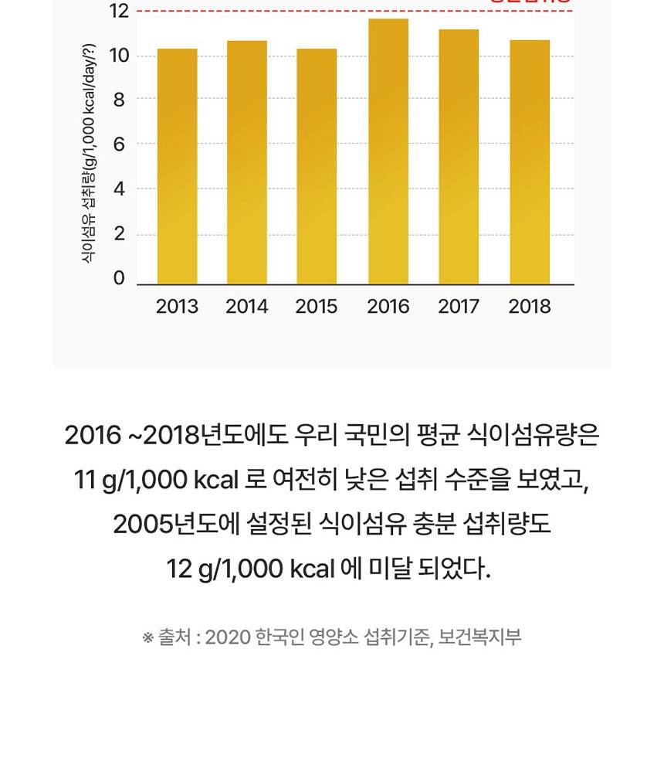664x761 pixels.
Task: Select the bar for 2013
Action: coord(177,166)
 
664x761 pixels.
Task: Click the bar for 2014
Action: coord(247,162)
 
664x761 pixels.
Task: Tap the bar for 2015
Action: coord(317,166)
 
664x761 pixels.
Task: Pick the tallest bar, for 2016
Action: coord(388,151)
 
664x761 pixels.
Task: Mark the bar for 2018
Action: coord(530,162)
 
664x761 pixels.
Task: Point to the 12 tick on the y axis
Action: coord(119,11)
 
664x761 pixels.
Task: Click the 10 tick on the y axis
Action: coord(119,56)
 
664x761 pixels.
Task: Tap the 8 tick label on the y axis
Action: coord(120,100)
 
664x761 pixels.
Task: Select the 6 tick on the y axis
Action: coord(120,144)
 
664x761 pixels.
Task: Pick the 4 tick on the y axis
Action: coord(120,189)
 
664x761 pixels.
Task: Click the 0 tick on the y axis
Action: coord(120,278)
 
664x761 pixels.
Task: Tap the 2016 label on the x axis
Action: coord(388,307)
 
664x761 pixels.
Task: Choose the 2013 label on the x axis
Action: coord(177,307)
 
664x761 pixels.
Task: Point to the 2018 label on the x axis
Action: coord(530,307)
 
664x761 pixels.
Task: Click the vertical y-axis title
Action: coord(89,155)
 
